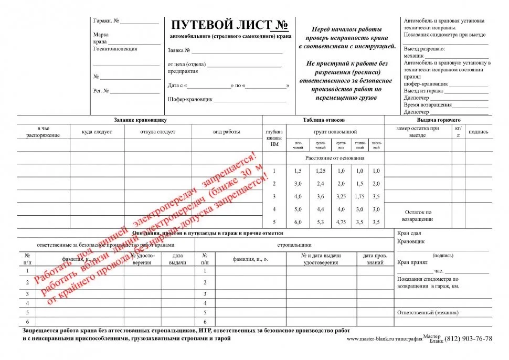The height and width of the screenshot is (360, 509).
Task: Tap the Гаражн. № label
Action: (106, 22)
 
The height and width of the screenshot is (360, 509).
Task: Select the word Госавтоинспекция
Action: (115, 49)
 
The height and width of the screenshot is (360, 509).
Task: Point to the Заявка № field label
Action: (179, 51)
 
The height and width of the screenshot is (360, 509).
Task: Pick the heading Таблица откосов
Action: (324, 120)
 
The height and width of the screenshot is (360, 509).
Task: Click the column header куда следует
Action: (97, 132)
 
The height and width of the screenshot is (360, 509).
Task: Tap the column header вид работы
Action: (227, 132)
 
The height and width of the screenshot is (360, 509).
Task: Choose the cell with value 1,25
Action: (320, 171)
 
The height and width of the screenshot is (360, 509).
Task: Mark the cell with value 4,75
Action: (341, 222)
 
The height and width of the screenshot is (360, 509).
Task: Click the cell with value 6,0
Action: (298, 222)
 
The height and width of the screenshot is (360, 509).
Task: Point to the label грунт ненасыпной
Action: (335, 132)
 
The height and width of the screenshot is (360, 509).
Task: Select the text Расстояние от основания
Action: (334, 158)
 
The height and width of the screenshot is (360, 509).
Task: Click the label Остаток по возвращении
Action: (418, 216)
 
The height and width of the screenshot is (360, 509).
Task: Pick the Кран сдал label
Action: (409, 233)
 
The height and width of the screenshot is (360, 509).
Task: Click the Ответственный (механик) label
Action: (428, 312)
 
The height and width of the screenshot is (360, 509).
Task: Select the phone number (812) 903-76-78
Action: (469, 338)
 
